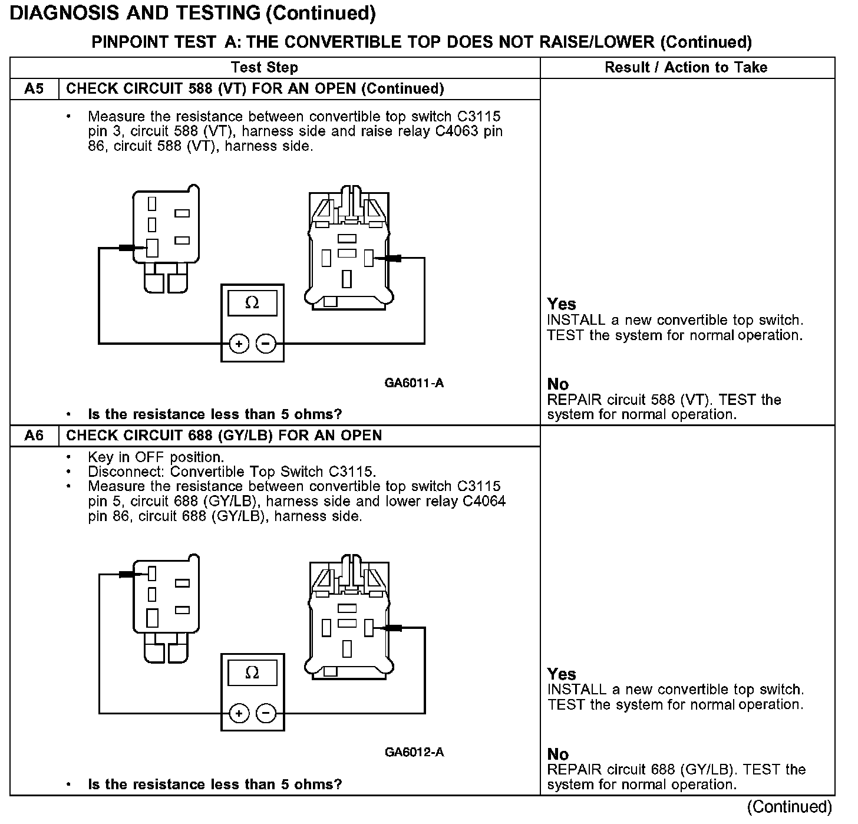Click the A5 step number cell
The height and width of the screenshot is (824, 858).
(34, 89)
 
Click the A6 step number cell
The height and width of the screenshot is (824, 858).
(34, 436)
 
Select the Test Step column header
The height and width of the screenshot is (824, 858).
(265, 67)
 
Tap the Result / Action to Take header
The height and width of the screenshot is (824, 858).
(686, 67)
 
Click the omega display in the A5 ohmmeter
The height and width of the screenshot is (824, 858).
(252, 303)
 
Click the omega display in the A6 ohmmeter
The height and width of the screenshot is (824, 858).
(252, 673)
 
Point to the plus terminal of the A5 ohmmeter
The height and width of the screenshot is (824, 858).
(239, 343)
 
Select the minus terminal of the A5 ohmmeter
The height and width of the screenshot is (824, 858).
(266, 343)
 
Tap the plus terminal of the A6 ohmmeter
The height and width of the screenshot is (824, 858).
(239, 714)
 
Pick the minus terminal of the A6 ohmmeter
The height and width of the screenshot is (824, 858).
(266, 714)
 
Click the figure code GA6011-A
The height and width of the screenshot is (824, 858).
(414, 383)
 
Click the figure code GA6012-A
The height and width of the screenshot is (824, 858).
(414, 752)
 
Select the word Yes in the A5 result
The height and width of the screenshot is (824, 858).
(561, 304)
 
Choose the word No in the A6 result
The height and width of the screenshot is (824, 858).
(557, 754)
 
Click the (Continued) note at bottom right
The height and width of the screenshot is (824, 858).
(790, 807)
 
